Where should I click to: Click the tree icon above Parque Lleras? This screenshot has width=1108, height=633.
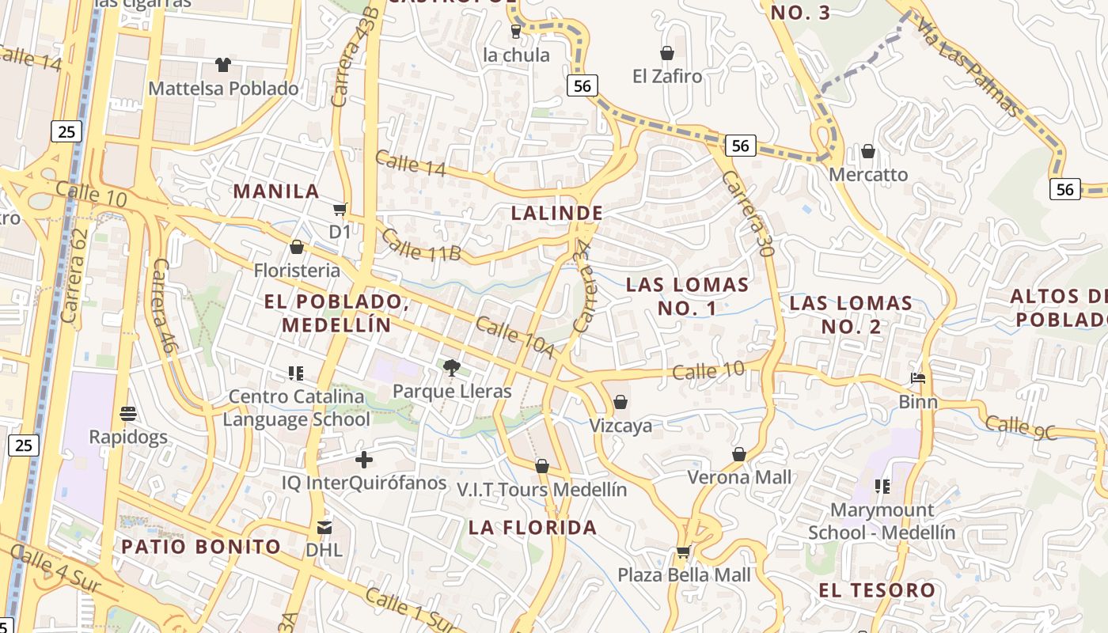[x=452, y=366]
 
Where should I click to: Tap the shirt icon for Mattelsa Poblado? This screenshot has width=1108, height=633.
[x=223, y=64]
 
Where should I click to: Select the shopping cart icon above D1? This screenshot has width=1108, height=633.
[x=340, y=210]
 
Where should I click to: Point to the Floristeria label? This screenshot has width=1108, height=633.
[x=297, y=271]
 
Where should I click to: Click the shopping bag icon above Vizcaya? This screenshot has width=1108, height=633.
[x=620, y=403]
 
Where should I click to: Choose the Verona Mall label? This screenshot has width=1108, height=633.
[x=739, y=477]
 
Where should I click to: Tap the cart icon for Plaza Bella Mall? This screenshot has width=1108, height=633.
[x=684, y=552]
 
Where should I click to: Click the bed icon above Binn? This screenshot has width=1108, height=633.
[x=918, y=378]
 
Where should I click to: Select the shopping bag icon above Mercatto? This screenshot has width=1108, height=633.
[x=868, y=151]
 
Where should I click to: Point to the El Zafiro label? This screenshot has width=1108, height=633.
[x=667, y=76]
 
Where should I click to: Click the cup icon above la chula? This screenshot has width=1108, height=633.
[x=516, y=32]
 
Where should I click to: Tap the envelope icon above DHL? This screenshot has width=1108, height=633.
[x=324, y=527]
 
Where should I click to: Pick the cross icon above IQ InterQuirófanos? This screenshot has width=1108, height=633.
[x=364, y=459]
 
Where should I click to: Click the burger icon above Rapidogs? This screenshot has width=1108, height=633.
[x=127, y=414]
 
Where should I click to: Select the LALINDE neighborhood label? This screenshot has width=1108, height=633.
[x=557, y=213]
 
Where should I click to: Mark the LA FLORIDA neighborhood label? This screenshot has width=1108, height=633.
[x=533, y=528]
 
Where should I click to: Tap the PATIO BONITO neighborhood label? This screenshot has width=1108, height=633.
[x=201, y=547]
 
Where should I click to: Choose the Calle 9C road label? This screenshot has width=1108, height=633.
[x=1021, y=428]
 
